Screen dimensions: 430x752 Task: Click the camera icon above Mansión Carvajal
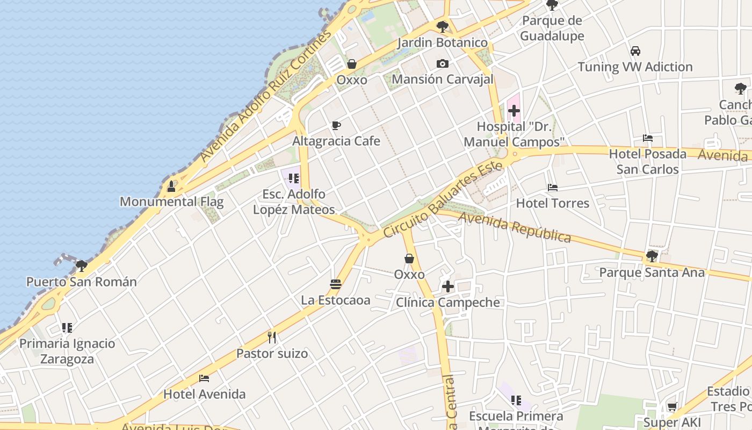click(x=442, y=63)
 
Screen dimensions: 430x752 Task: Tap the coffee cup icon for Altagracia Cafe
click(x=336, y=126)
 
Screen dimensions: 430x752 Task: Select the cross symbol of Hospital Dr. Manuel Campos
click(x=514, y=111)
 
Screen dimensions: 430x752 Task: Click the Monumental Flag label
click(x=171, y=202)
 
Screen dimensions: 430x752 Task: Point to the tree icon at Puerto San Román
click(x=82, y=266)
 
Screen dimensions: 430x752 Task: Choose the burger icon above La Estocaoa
click(x=336, y=284)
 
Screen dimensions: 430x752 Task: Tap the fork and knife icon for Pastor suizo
click(x=272, y=338)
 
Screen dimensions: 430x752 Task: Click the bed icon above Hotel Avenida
click(x=204, y=378)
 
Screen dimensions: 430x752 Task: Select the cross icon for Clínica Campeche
click(x=447, y=286)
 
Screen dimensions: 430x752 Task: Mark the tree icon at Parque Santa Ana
click(x=652, y=256)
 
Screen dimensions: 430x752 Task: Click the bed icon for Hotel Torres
click(x=553, y=188)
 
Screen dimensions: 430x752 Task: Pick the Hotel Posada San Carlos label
click(x=647, y=161)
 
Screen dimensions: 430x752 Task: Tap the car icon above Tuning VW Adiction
click(x=635, y=51)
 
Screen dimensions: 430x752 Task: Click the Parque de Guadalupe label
click(x=552, y=28)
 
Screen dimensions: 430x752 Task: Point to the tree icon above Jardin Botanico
click(x=443, y=26)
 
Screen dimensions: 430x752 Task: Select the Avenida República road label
click(x=515, y=228)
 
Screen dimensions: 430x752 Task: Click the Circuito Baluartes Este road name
click(x=444, y=200)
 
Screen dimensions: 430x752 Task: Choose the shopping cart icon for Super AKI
click(x=672, y=407)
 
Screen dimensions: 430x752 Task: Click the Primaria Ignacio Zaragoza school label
click(x=67, y=351)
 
